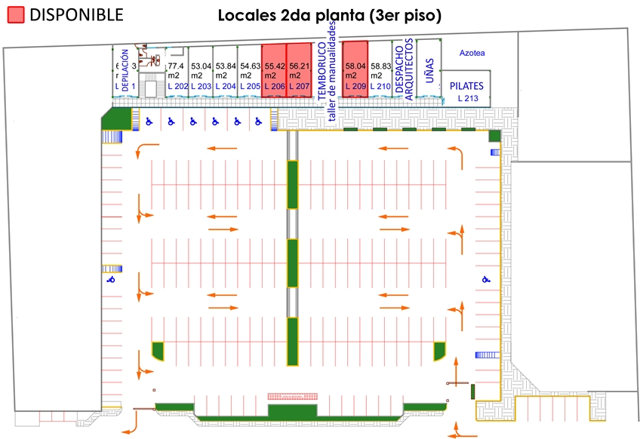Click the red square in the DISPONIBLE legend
(15, 14)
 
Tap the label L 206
(274, 87)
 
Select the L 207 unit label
(300, 87)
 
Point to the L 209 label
(355, 87)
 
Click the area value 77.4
(176, 66)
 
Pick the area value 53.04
(201, 66)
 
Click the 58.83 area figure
(381, 66)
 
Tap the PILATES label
(466, 87)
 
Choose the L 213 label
(468, 98)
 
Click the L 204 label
(225, 87)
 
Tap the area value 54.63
(251, 66)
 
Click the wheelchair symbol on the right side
(486, 280)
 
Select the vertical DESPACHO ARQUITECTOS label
(404, 69)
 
